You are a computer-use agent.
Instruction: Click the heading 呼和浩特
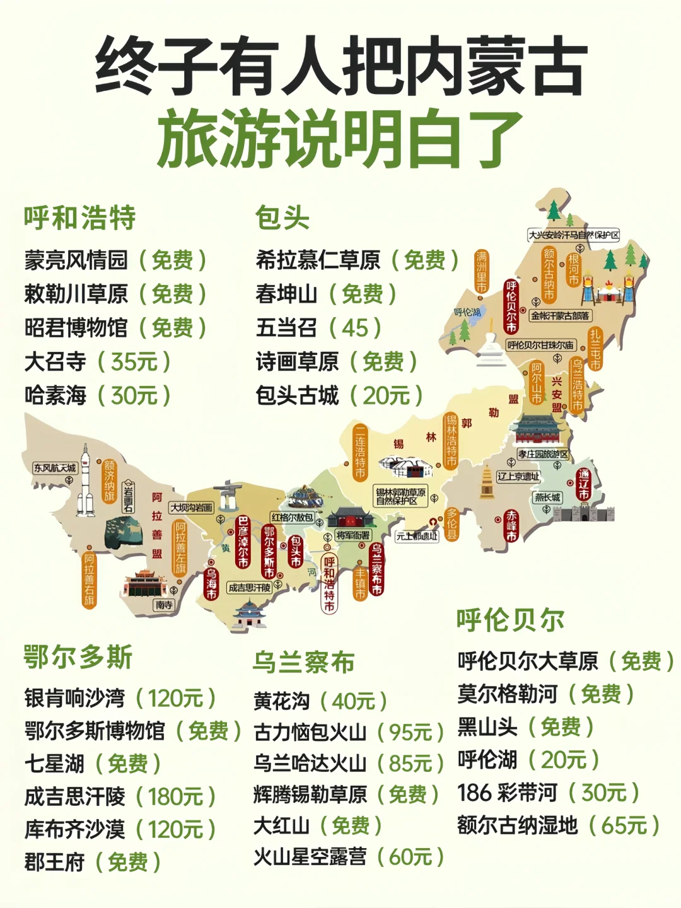point(80,218)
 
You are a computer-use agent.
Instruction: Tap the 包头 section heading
point(282,218)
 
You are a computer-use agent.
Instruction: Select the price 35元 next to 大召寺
point(134,362)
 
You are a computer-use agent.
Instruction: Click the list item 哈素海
point(55,396)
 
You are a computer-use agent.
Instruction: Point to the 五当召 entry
point(286,328)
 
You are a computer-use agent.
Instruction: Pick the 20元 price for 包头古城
point(386,396)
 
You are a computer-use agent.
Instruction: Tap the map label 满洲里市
point(482,272)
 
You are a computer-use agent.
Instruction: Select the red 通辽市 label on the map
point(584,484)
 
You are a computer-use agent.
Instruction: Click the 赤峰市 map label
point(511,526)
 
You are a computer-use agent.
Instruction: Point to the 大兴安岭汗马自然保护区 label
point(574,235)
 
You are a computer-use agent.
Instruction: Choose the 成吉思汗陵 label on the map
point(249,588)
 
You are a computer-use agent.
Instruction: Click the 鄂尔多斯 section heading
point(78,657)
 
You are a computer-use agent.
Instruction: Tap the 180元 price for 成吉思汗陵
point(175,797)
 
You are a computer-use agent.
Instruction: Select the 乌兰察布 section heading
point(304,663)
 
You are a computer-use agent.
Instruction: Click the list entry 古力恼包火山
point(310,733)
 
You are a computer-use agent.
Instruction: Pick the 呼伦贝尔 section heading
point(511,620)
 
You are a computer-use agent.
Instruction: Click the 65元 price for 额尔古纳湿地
point(624,825)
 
